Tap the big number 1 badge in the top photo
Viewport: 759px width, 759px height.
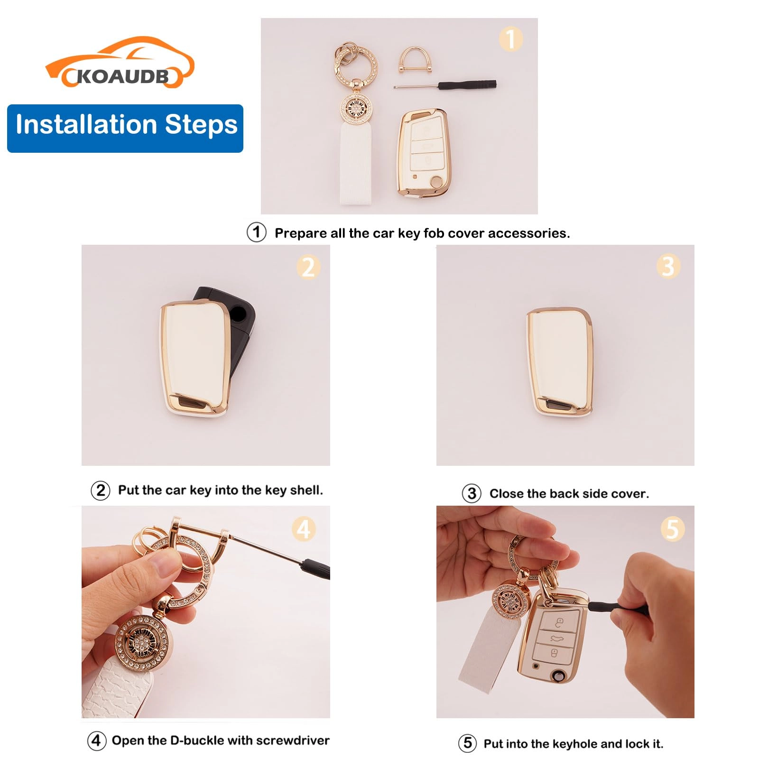(x=510, y=39)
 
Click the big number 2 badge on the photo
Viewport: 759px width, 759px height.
(x=308, y=267)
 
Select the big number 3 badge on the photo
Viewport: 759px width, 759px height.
(x=668, y=266)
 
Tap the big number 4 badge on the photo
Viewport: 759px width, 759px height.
(x=304, y=529)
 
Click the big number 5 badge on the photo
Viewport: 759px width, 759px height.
(x=672, y=529)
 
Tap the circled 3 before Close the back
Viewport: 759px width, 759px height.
(x=472, y=493)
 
